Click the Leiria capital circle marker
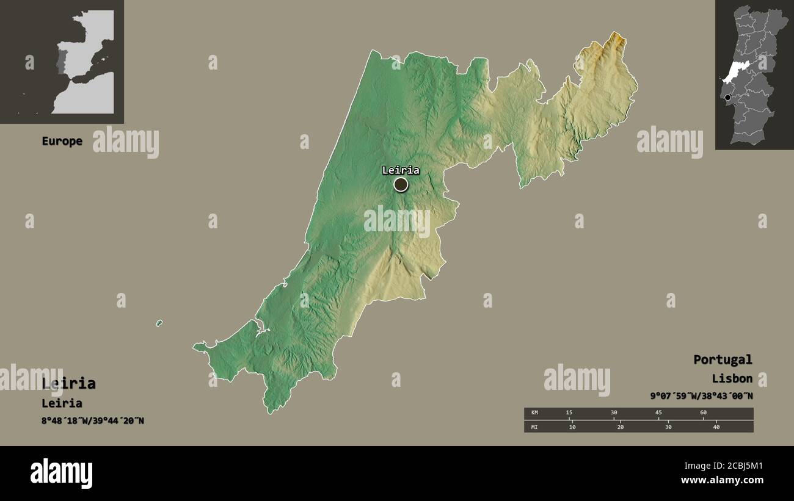pyautogui.click(x=401, y=184)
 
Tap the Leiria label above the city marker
pyautogui.click(x=401, y=170)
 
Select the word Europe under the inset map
pyautogui.click(x=62, y=141)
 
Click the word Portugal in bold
pyautogui.click(x=723, y=359)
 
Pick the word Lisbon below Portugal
pyautogui.click(x=732, y=378)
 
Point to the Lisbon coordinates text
pyautogui.click(x=701, y=395)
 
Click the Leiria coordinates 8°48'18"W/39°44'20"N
pyautogui.click(x=93, y=420)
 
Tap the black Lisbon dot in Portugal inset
pyautogui.click(x=727, y=97)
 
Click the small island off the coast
pyautogui.click(x=159, y=323)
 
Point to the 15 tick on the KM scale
pyautogui.click(x=569, y=413)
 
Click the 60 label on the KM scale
pyautogui.click(x=703, y=413)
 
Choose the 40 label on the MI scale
pyautogui.click(x=716, y=427)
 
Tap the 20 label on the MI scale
pyautogui.click(x=620, y=427)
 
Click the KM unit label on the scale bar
pyautogui.click(x=534, y=413)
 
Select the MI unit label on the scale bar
pyautogui.click(x=534, y=427)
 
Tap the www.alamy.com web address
pyautogui.click(x=722, y=480)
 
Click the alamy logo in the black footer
pyautogui.click(x=62, y=474)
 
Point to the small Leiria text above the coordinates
pyautogui.click(x=62, y=403)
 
